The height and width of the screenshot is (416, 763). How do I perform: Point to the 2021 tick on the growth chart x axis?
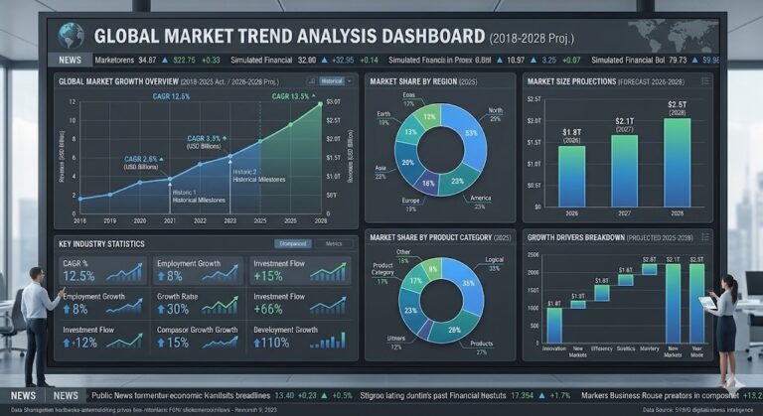170,220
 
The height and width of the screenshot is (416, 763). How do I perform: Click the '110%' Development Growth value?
273,343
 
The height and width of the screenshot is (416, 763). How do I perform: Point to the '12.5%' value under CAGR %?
78,275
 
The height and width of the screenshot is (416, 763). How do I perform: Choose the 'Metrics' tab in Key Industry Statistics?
334,243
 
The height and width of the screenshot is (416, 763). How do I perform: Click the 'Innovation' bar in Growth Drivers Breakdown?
553,325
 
